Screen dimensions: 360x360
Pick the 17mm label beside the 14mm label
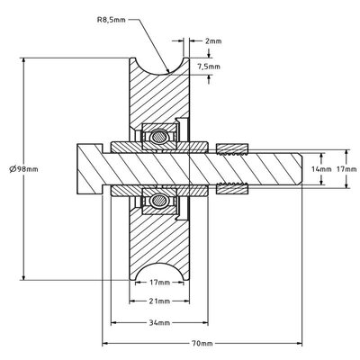tap(344, 167)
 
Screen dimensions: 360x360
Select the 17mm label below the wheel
tap(158, 281)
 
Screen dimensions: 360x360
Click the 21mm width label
tap(158, 301)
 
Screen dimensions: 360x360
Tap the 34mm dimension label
tap(158, 321)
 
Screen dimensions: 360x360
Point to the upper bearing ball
tap(159, 136)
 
